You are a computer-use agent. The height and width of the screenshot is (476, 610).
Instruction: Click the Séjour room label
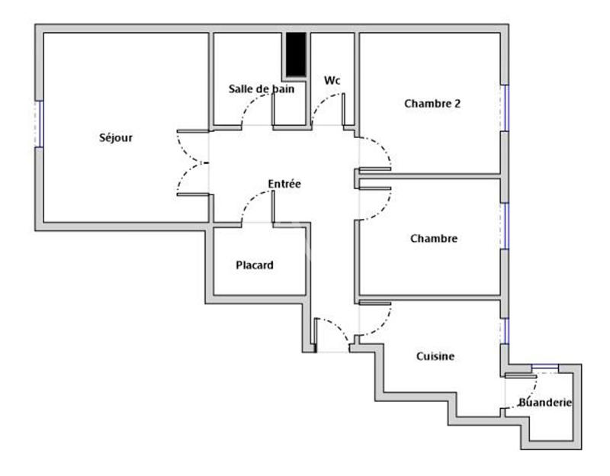click(116, 138)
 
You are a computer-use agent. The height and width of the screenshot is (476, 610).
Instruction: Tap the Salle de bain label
click(262, 88)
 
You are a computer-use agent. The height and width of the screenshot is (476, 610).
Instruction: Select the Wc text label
click(332, 80)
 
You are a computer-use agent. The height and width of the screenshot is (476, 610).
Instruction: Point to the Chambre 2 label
click(432, 104)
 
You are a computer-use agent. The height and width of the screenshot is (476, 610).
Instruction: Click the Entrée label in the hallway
click(284, 184)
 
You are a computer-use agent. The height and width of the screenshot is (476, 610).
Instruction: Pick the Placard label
click(254, 265)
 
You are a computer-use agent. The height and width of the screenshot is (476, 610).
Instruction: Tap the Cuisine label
click(435, 356)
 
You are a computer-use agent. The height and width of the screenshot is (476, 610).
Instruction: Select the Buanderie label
click(544, 402)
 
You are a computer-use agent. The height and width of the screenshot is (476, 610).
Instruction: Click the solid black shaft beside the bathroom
click(296, 54)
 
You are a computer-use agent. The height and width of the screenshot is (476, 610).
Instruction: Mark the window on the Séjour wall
click(40, 123)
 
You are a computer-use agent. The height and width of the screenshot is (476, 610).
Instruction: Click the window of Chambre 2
click(504, 108)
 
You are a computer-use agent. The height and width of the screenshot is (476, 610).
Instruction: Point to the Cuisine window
click(504, 330)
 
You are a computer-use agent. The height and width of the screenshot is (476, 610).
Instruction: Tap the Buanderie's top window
click(544, 368)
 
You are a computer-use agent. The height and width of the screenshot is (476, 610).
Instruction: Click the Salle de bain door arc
click(255, 107)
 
